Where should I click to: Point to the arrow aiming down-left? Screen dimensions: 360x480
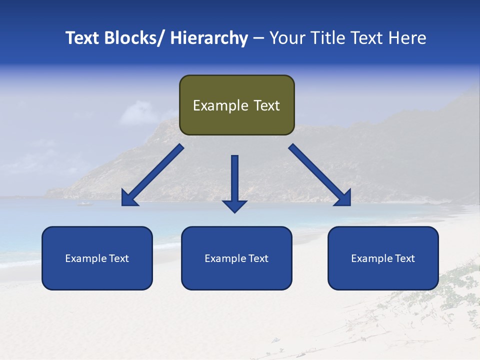click(152, 175)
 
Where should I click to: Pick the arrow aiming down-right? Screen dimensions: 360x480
click(320, 175)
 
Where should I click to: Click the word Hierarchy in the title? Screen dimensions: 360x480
click(209, 38)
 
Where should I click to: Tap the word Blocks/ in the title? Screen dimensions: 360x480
click(135, 38)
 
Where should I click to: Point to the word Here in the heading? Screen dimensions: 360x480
click(408, 38)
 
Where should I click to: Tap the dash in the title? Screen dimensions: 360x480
click(258, 38)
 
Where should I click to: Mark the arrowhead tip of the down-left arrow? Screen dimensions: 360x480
click(122, 205)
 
